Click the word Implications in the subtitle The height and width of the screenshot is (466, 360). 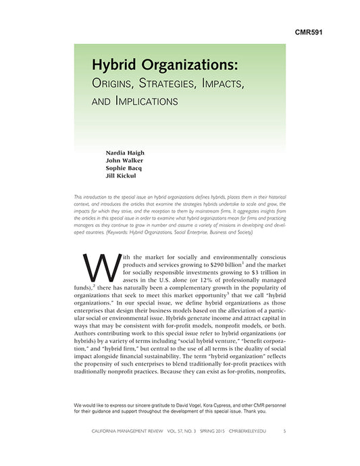147,103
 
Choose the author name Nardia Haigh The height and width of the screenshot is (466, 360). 125,153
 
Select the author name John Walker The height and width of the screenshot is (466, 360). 124,161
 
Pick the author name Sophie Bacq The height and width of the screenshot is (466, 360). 124,169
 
